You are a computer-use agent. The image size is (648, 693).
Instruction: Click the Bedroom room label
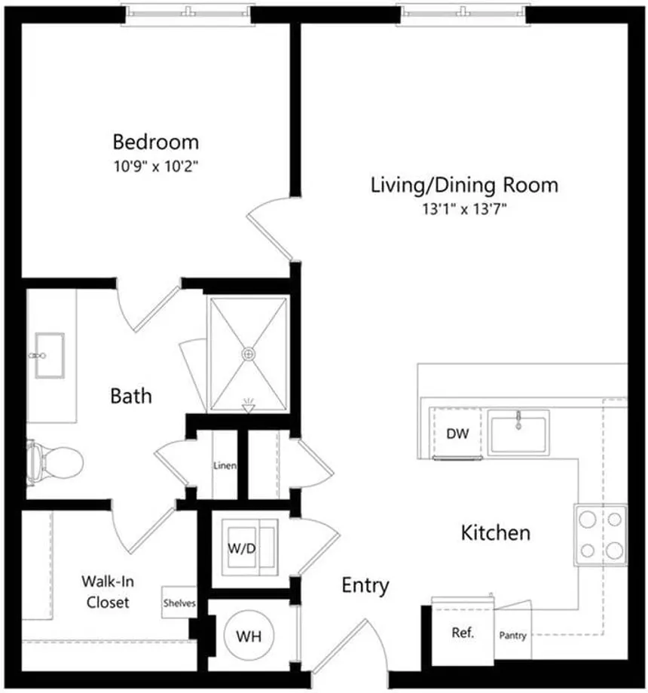[x=155, y=142]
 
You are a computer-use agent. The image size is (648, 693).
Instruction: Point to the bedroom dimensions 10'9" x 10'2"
[x=156, y=166]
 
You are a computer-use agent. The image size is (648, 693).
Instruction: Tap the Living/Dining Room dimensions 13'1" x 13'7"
[x=464, y=208]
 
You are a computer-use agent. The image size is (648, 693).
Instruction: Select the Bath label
[x=131, y=396]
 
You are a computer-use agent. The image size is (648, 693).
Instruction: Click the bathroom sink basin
[x=50, y=356]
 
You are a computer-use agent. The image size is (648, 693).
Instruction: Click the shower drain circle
[x=249, y=354]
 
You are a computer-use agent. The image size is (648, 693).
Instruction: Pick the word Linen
[x=225, y=465]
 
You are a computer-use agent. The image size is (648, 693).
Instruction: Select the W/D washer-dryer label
[x=242, y=548]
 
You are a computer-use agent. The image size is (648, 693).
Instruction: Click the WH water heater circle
[x=249, y=636]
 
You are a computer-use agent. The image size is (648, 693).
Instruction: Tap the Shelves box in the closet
[x=179, y=603]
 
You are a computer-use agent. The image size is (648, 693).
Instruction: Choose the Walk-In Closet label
[x=108, y=592]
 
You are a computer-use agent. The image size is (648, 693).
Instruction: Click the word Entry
[x=365, y=586]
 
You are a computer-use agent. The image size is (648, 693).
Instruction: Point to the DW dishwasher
[x=457, y=434]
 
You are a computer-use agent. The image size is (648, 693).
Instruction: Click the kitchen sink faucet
[x=518, y=420]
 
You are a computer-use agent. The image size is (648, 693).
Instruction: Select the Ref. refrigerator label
[x=463, y=633]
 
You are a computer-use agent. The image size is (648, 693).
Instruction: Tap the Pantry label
[x=512, y=636]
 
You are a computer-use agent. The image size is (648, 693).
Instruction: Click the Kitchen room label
[x=495, y=532]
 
